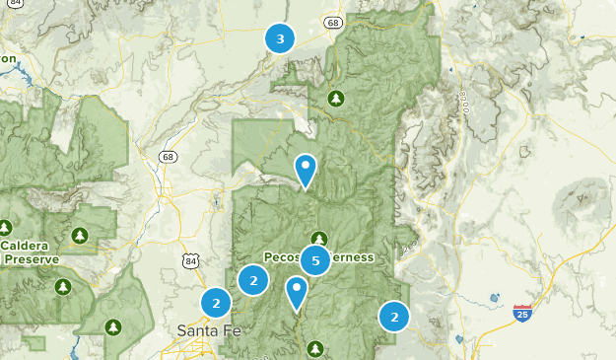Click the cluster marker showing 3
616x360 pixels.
click(281, 38)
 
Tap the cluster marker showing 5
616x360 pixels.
click(315, 260)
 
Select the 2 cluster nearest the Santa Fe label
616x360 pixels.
click(216, 302)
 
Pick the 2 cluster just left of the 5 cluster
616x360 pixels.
click(253, 280)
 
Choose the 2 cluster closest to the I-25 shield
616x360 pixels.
click(394, 317)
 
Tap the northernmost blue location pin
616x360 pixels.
click(307, 169)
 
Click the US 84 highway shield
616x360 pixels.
click(190, 258)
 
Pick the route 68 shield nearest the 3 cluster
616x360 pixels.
click(334, 22)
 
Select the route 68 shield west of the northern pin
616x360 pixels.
click(170, 156)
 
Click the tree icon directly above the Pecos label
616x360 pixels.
click(318, 238)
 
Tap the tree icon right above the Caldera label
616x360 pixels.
click(79, 236)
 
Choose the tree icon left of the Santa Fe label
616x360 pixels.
click(114, 325)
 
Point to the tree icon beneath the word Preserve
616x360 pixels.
click(63, 286)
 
